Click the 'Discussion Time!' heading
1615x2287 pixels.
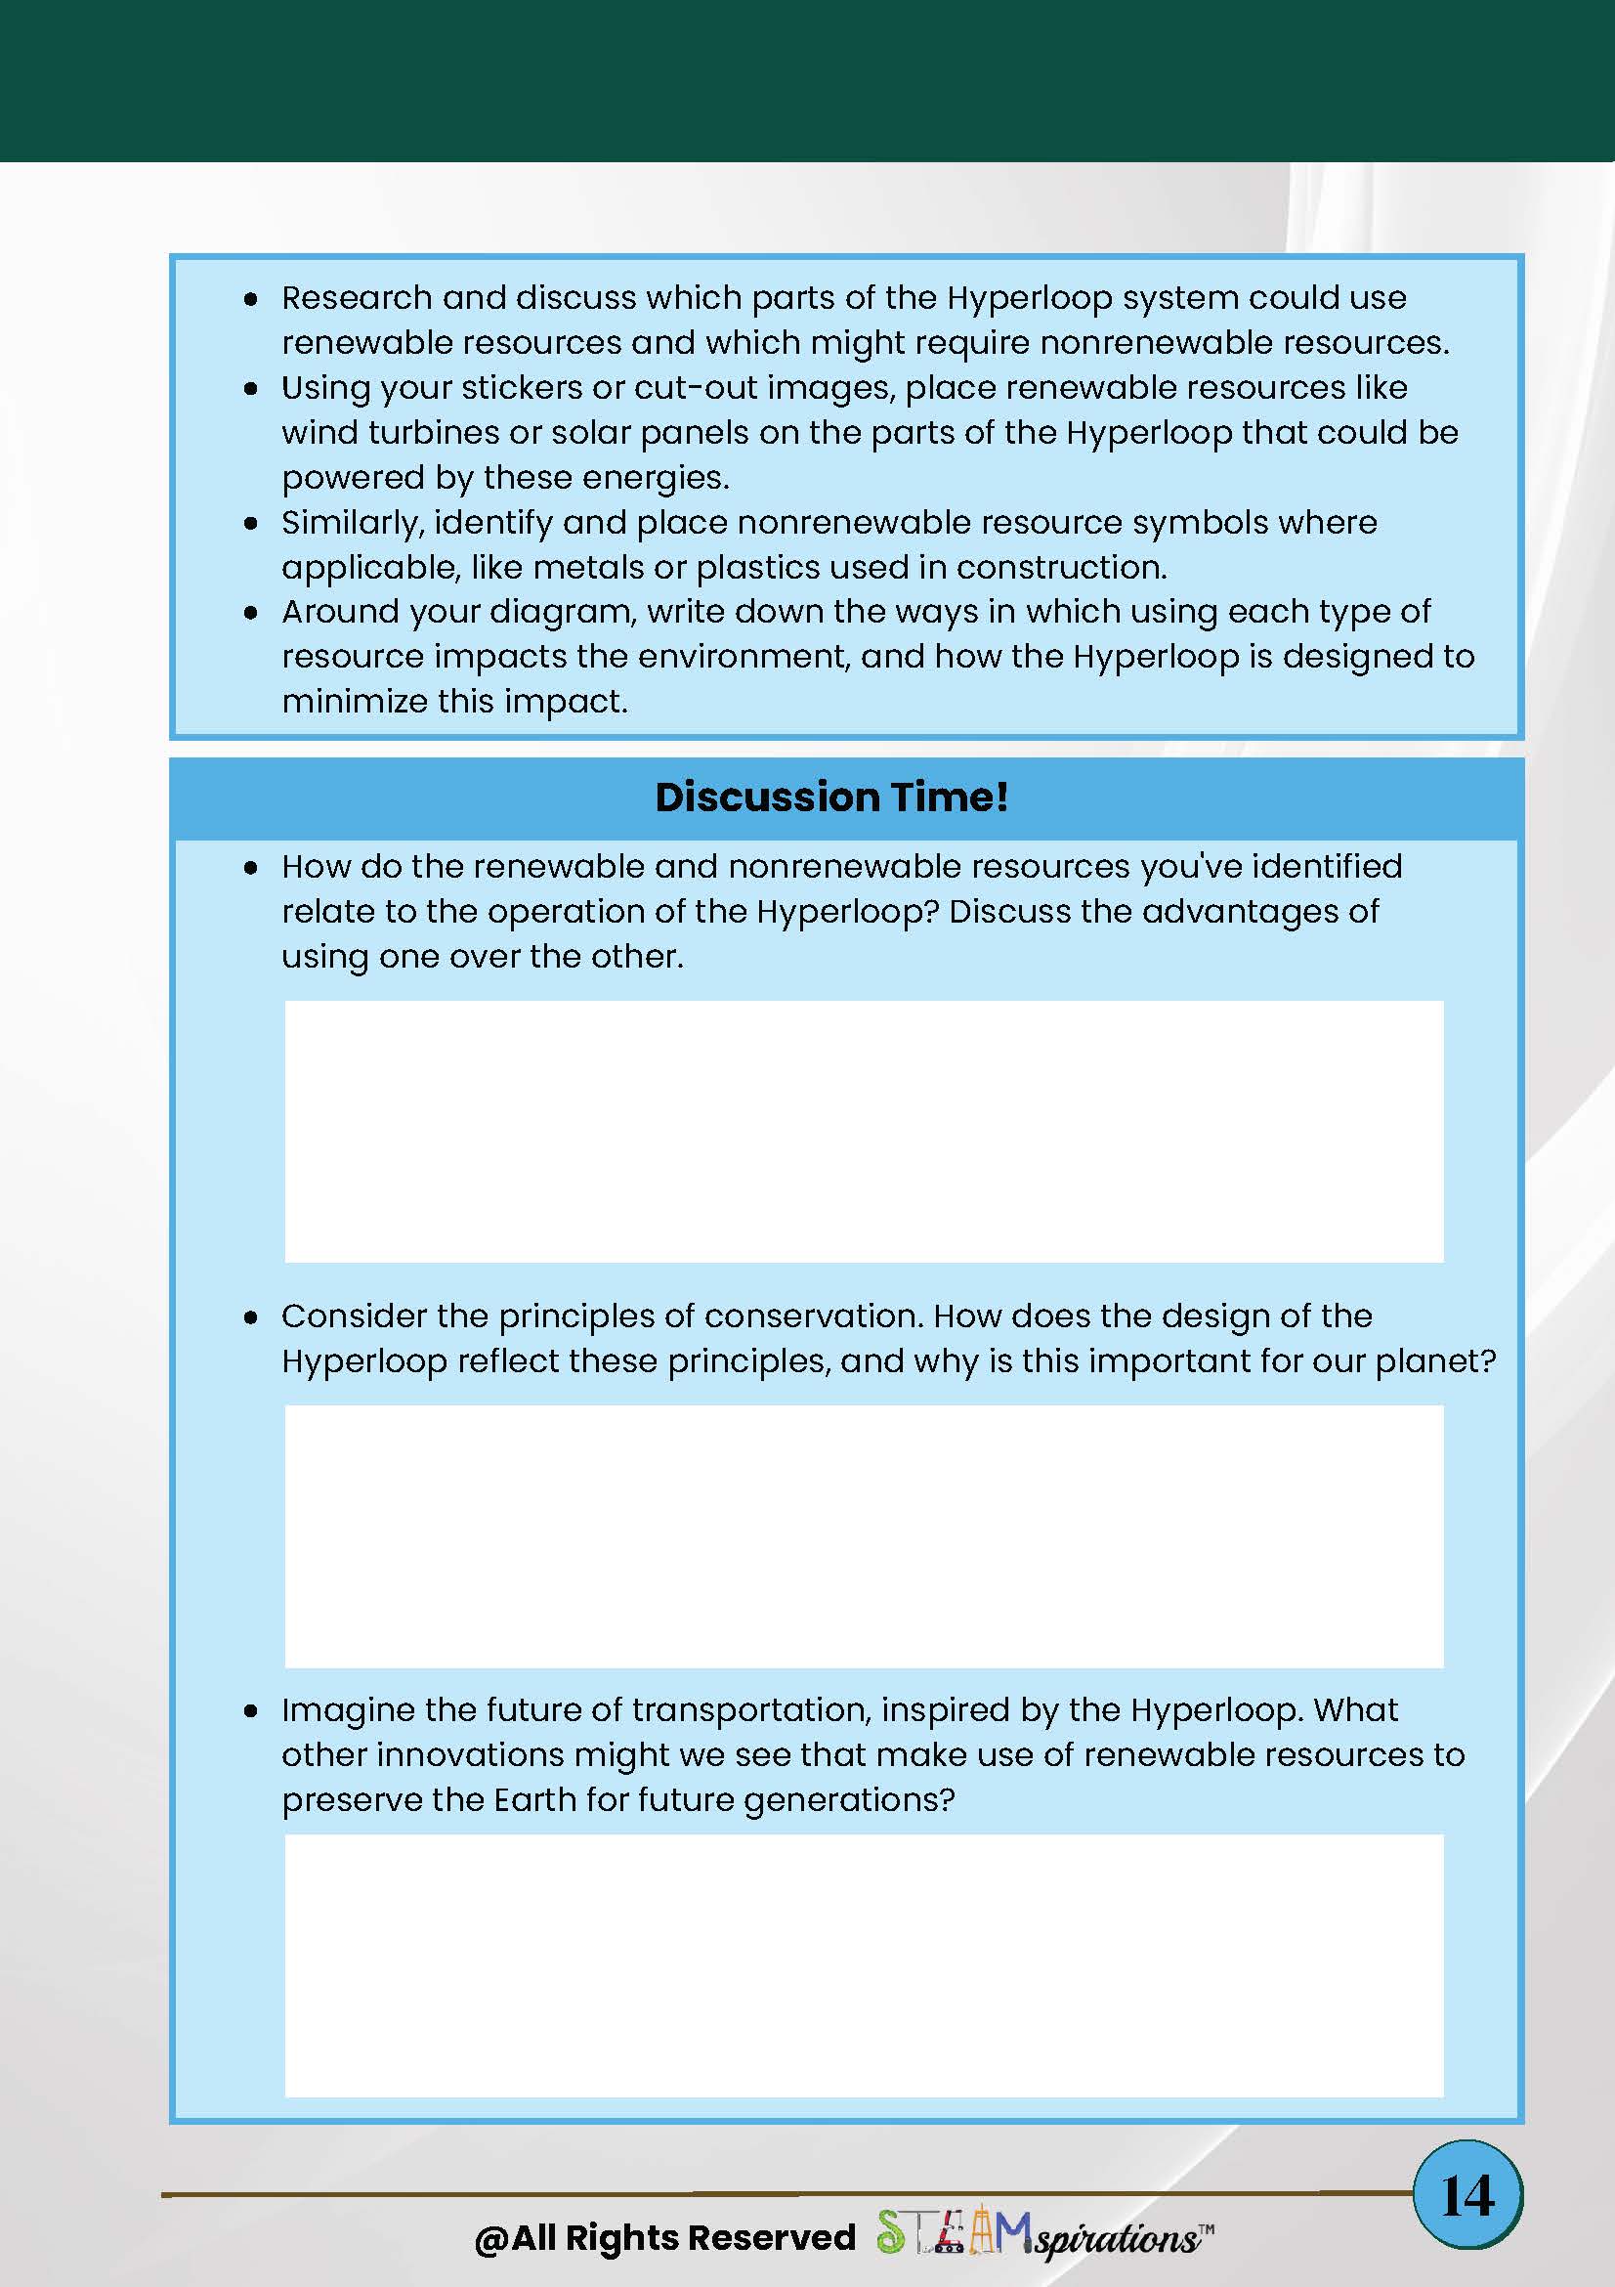click(x=831, y=797)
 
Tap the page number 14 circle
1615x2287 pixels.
click(x=1467, y=2195)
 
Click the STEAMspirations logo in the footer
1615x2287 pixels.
click(x=1042, y=2236)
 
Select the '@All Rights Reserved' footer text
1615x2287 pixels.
click(x=665, y=2237)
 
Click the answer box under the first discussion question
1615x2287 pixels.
click(x=864, y=1131)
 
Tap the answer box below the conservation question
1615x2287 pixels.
click(x=864, y=1535)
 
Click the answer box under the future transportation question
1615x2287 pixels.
click(x=864, y=1964)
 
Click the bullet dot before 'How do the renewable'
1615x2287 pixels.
click(x=251, y=869)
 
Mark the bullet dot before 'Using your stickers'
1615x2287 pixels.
click(x=251, y=389)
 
